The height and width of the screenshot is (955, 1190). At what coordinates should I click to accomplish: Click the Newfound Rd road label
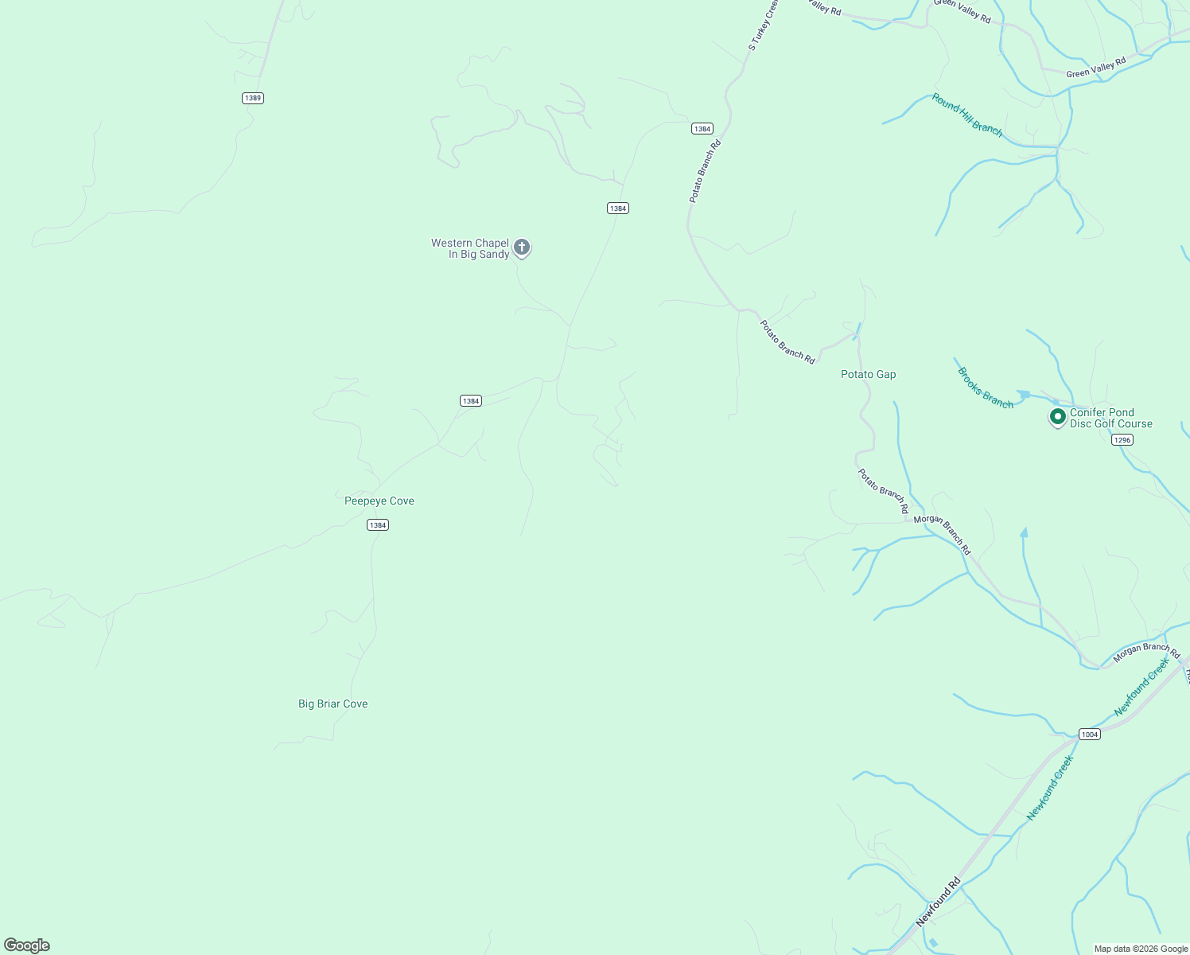click(x=939, y=901)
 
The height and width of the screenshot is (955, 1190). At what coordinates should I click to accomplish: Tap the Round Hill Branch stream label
click(x=966, y=115)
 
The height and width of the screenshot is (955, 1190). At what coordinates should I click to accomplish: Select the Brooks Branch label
click(x=986, y=388)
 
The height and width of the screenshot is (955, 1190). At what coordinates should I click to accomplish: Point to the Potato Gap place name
click(x=868, y=374)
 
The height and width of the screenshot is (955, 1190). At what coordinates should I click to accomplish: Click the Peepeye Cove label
click(x=379, y=501)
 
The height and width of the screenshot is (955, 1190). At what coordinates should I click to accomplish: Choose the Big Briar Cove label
click(x=333, y=704)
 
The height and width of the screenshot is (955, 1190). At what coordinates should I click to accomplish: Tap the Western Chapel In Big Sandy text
click(x=470, y=248)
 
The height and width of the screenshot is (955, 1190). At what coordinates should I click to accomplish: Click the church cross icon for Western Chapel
click(x=522, y=248)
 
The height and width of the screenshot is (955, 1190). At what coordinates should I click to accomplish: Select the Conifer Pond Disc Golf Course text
click(x=1110, y=418)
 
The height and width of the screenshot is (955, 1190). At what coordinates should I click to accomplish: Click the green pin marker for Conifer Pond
click(x=1057, y=416)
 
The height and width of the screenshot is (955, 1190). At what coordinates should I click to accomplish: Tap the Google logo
click(x=27, y=945)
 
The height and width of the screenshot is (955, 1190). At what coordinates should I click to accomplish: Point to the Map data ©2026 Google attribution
click(x=1141, y=949)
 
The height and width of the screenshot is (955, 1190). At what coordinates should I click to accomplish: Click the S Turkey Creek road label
click(x=762, y=25)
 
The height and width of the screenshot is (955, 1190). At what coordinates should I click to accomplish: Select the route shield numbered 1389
click(x=253, y=98)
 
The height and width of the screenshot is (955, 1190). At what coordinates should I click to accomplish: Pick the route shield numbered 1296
click(x=1122, y=440)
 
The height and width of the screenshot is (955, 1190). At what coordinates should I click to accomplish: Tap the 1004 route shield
click(x=1090, y=734)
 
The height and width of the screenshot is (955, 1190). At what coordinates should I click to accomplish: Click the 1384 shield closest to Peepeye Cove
click(x=378, y=524)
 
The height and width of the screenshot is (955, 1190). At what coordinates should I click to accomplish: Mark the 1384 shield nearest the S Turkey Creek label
click(x=702, y=128)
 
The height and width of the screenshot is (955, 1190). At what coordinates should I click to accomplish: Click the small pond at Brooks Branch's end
click(x=1025, y=394)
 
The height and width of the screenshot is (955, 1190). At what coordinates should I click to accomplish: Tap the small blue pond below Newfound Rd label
click(x=933, y=943)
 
